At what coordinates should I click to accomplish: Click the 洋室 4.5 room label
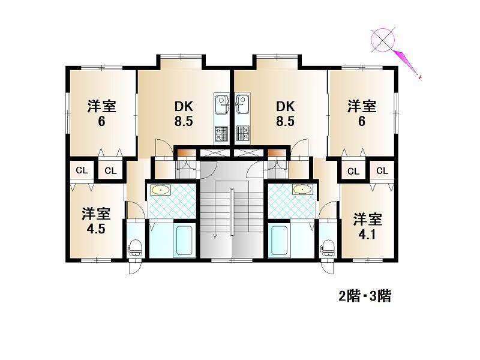coord(96,221)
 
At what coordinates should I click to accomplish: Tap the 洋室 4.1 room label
coord(367,227)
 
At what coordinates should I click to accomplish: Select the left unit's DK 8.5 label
coord(184,114)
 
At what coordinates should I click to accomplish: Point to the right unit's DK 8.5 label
coord(286,114)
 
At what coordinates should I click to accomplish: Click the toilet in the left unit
coord(135,248)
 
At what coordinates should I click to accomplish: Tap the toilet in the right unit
coord(327,248)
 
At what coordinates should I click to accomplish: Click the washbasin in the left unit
coord(160,190)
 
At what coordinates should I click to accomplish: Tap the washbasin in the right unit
coord(303,190)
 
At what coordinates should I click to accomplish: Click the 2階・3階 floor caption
coord(365,296)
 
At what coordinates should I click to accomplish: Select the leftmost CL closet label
coord(82,170)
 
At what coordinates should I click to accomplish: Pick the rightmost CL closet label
coord(382,170)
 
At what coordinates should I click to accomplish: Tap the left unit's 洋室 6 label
coord(101,113)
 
